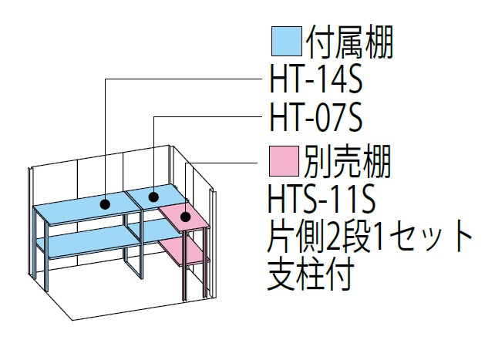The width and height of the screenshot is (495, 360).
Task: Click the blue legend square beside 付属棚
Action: [287, 42]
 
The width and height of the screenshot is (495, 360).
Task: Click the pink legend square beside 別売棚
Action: [284, 161]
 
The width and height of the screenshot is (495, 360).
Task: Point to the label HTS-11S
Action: [322, 200]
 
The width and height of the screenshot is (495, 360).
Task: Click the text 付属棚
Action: [349, 42]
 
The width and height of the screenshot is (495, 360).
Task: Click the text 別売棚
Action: [348, 161]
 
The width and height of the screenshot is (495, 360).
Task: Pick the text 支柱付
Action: [311, 274]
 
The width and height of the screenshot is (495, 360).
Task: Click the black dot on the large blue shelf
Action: [105, 204]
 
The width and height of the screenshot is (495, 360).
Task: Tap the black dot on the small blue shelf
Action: [153, 197]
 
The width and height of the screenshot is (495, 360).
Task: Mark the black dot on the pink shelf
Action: [185, 217]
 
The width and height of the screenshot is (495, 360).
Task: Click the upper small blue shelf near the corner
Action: [155, 197]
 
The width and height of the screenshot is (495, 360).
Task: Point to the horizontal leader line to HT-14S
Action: [184, 79]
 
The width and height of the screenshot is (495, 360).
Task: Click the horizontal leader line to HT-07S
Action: [208, 117]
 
